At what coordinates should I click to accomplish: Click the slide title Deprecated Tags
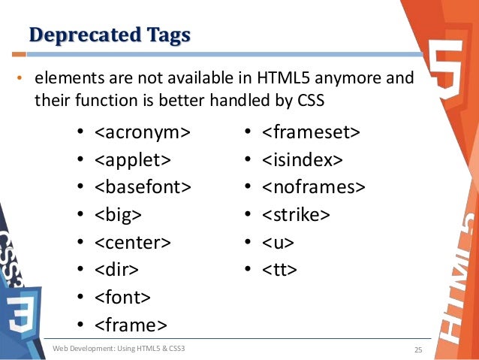click(x=110, y=35)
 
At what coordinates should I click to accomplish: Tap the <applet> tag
click(x=132, y=160)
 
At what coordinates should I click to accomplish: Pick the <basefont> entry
click(x=142, y=187)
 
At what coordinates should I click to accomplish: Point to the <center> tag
click(x=132, y=242)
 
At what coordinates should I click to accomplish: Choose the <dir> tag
click(x=116, y=269)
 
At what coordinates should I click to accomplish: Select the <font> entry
click(x=122, y=297)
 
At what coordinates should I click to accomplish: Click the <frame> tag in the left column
click(x=130, y=324)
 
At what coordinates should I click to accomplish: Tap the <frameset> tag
click(x=311, y=133)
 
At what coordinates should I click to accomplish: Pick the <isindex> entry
click(x=303, y=160)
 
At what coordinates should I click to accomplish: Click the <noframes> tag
click(x=314, y=187)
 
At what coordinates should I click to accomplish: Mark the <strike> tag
click(x=296, y=215)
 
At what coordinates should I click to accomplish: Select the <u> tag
click(x=278, y=242)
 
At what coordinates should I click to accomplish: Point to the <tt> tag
click(x=279, y=269)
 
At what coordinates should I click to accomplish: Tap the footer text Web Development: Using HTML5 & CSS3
click(x=119, y=349)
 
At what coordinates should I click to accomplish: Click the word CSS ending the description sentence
click(x=311, y=99)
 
